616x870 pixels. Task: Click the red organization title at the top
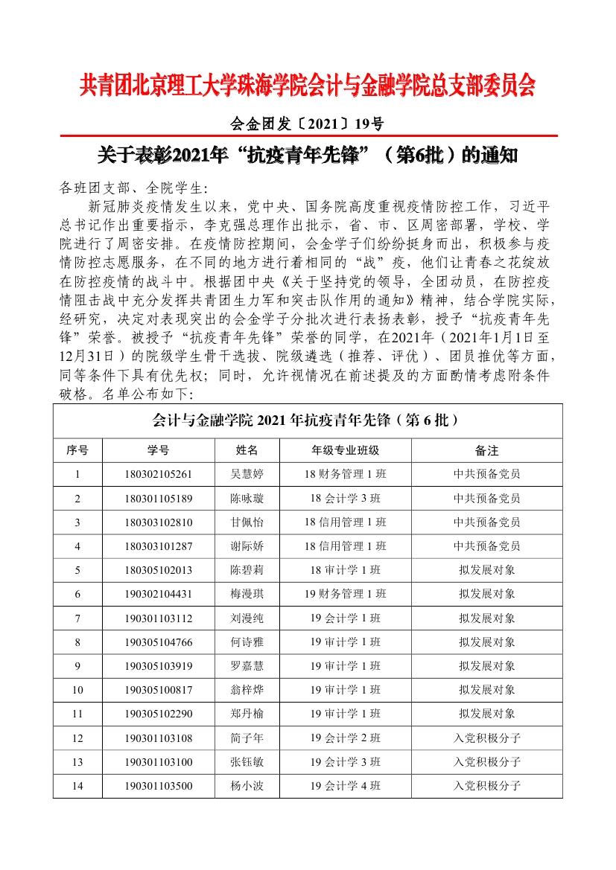pos(308,86)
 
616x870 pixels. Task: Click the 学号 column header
pos(159,450)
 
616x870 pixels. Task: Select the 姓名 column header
pos(247,450)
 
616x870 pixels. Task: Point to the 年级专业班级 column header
pos(345,450)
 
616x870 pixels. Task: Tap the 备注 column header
pos(486,450)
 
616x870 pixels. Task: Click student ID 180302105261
pos(159,474)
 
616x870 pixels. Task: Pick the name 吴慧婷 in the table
pos(247,474)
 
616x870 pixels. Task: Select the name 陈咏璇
pos(247,498)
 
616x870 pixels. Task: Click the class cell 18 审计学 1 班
pos(345,570)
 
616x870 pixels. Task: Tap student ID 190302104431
pos(159,594)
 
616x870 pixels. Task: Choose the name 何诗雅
pos(247,642)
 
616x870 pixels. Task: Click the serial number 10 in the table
pos(77,690)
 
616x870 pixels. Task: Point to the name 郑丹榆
pos(247,714)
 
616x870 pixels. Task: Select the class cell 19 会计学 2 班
pos(345,738)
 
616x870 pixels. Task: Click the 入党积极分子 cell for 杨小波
pos(486,785)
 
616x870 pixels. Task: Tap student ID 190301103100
pos(159,761)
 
